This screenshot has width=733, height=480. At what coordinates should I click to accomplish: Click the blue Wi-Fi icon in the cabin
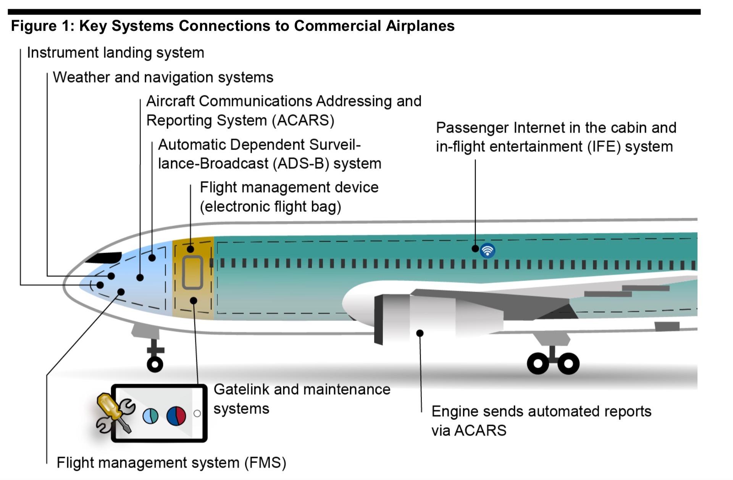488,251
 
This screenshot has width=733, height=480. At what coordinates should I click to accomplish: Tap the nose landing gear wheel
155,364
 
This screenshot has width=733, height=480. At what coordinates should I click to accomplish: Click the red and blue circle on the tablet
176,416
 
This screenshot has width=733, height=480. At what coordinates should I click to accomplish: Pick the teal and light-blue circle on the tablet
150,416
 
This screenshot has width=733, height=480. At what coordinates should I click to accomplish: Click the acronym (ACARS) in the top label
303,120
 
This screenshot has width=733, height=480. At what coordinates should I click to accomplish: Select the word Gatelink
241,389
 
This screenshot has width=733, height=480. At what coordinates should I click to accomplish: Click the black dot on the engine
420,333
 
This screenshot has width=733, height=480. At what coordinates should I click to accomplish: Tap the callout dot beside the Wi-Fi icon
475,248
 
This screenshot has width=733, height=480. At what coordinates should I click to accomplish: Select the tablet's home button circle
197,414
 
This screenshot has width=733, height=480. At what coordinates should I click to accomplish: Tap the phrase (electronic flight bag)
270,207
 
